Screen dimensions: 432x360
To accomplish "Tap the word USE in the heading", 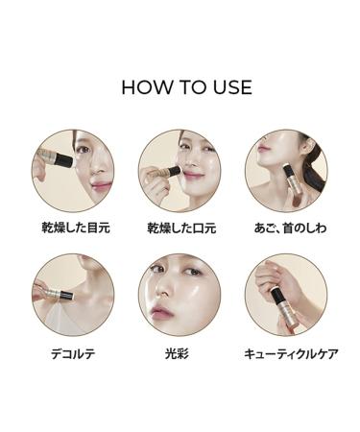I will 230,87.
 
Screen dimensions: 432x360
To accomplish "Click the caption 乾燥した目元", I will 73,228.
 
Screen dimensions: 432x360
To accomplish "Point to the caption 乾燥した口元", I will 179,228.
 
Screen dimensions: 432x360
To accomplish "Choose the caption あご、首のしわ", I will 285,228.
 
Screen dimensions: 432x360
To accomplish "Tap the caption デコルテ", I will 73,353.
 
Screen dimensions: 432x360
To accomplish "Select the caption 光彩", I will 179,353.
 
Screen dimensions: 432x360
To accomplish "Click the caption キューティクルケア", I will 285,353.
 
